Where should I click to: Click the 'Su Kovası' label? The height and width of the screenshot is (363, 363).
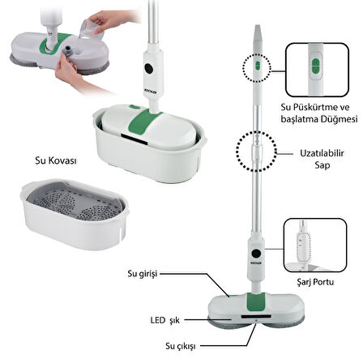(x=56, y=160)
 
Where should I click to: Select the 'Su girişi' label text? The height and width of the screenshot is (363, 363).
(x=143, y=274)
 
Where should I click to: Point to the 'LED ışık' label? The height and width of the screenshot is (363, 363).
(x=165, y=321)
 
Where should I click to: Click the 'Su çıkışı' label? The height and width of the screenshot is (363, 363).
(x=181, y=346)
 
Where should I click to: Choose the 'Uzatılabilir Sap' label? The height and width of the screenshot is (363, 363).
(x=322, y=159)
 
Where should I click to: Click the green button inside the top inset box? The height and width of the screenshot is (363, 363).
(x=315, y=66)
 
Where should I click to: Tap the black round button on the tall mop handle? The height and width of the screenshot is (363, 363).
(x=255, y=254)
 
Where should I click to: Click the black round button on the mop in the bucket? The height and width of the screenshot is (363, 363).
(x=148, y=68)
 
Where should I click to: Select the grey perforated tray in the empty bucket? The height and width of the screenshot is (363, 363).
(x=76, y=201)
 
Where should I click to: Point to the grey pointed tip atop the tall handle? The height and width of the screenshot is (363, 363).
(x=258, y=33)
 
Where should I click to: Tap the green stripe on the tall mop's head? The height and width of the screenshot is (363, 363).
(x=255, y=301)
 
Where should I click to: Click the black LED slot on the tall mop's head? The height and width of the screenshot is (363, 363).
(x=256, y=316)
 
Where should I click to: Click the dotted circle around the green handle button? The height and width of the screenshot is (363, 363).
(x=256, y=67)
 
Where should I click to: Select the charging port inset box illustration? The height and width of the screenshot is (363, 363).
(x=315, y=246)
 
